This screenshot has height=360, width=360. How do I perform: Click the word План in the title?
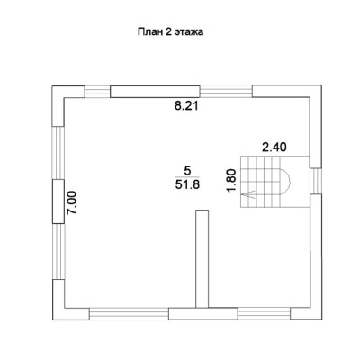click(149, 31)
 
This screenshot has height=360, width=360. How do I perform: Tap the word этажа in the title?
click(188, 32)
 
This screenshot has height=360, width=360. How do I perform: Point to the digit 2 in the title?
click(167, 31)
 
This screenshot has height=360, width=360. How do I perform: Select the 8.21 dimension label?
click(186, 106)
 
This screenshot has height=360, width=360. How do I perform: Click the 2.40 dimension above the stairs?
click(274, 148)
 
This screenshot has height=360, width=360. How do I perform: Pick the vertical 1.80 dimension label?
click(232, 181)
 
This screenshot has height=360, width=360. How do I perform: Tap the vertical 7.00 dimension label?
click(72, 202)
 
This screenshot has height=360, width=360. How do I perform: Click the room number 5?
click(187, 171)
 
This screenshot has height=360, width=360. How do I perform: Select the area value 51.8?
click(187, 184)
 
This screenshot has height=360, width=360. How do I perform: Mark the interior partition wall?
click(202, 259)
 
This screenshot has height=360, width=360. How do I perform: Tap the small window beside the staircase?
click(316, 181)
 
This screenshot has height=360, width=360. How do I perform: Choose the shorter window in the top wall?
click(97, 92)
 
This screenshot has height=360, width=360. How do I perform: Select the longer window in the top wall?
click(226, 91)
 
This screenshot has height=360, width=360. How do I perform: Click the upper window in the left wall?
click(58, 153)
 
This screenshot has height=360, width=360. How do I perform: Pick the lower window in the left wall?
click(58, 251)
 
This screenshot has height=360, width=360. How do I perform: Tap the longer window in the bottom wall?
click(129, 314)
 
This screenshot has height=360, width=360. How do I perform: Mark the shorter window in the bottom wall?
click(265, 314)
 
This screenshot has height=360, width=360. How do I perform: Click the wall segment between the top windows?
click(155, 92)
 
